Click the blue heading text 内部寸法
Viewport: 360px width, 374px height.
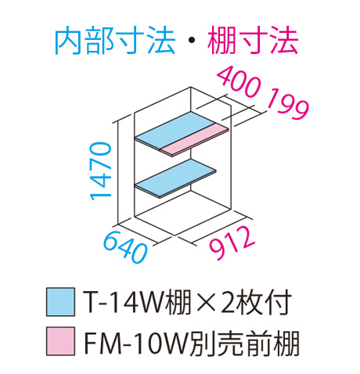click(115, 40)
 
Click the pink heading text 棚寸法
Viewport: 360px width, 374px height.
click(253, 40)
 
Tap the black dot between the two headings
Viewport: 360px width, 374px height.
click(191, 41)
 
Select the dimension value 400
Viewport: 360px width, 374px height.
click(239, 81)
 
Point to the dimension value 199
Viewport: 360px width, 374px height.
click(288, 105)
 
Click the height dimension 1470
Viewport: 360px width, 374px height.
click(101, 171)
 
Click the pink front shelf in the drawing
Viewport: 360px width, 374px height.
click(194, 139)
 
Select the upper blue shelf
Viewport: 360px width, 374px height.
click(175, 130)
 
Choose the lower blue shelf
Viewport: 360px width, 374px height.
click(175, 178)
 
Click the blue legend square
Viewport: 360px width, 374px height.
click(60, 302)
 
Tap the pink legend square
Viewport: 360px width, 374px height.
click(60, 341)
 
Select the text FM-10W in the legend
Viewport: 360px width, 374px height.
click(136, 341)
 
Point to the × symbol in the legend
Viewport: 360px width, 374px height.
click(206, 302)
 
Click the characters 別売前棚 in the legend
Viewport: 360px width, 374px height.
click(244, 341)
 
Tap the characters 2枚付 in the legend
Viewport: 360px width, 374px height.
click(256, 302)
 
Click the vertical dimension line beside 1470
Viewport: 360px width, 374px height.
click(118, 173)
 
